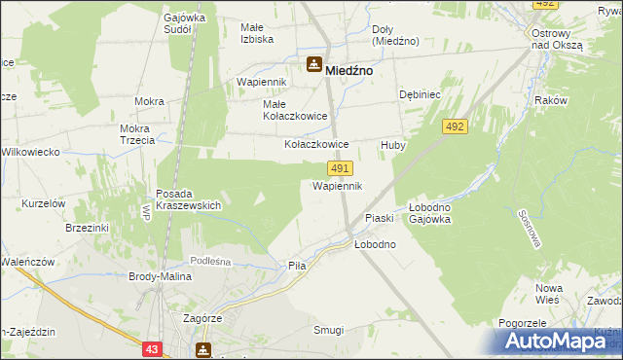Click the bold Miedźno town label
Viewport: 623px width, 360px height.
351,70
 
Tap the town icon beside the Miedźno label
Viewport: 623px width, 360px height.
314,66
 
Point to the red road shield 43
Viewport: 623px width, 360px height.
151,348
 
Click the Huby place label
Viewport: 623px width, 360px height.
392,144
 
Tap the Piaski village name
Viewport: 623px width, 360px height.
378,218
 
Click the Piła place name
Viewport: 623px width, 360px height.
297,266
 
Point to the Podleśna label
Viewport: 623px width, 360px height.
209,261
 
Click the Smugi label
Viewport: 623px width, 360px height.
328,330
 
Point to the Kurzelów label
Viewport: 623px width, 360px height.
43,203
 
